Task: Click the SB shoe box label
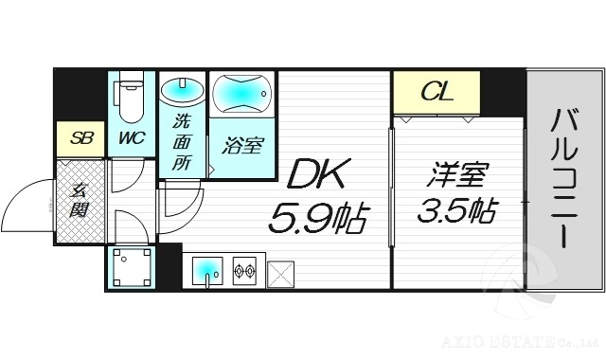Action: pyautogui.click(x=80, y=138)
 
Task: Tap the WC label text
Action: pyautogui.click(x=131, y=137)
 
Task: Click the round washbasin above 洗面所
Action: pyautogui.click(x=181, y=92)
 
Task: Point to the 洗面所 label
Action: pyautogui.click(x=181, y=142)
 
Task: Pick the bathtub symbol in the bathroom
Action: pyautogui.click(x=241, y=94)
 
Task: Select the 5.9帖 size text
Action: pyautogui.click(x=317, y=219)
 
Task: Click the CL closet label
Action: pyautogui.click(x=437, y=93)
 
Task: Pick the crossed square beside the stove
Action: pyautogui.click(x=281, y=273)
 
